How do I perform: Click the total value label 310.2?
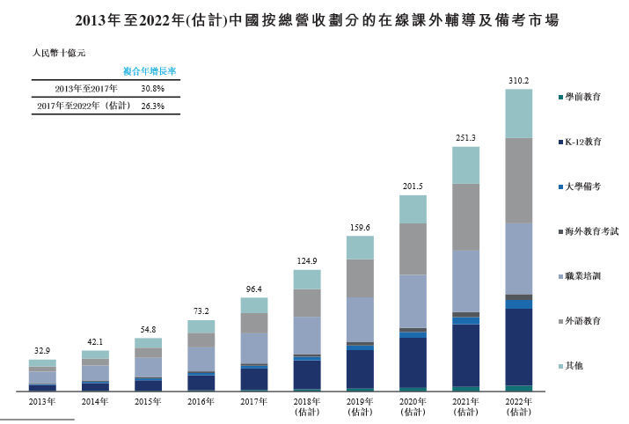(518, 81)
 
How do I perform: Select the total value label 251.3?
(465, 138)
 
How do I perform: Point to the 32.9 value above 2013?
(41, 351)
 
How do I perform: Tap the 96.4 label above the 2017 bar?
(253, 289)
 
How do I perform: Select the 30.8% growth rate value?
(153, 89)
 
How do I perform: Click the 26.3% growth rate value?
(153, 106)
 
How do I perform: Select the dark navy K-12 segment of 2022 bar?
(518, 346)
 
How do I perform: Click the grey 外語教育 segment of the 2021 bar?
(465, 216)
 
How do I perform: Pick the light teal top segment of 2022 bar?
(518, 113)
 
